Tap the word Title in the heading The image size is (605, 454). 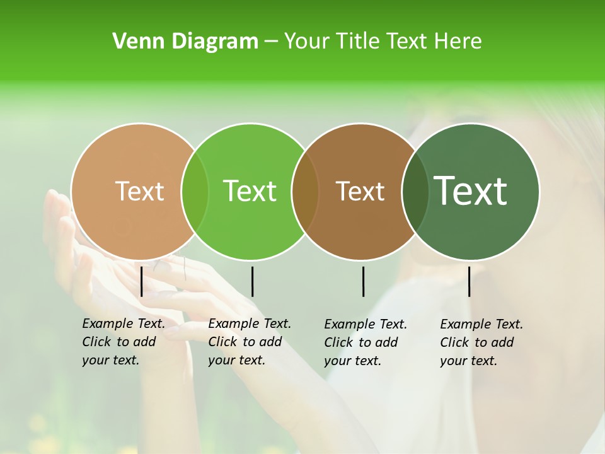(x=357, y=42)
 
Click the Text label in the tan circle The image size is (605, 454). (x=139, y=191)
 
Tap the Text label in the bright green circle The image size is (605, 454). (x=250, y=191)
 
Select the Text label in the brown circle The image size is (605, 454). (x=360, y=192)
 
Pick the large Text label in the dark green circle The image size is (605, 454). (x=471, y=191)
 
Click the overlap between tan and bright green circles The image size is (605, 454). (x=195, y=192)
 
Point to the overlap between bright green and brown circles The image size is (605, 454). (x=305, y=192)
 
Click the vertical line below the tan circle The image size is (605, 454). (x=141, y=281)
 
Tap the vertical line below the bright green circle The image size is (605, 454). (x=252, y=281)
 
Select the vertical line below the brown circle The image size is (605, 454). (x=363, y=281)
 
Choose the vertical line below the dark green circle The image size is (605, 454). (x=469, y=281)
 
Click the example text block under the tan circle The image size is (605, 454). (x=123, y=342)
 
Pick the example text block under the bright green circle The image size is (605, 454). (x=249, y=342)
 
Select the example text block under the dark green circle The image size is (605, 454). (x=481, y=342)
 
